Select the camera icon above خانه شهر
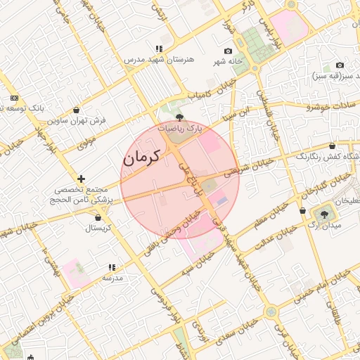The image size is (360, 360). pos(228,51)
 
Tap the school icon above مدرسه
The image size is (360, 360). pos(111,267)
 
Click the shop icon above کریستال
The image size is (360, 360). pos(97,218)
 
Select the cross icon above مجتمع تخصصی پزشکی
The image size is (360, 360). pos(82,179)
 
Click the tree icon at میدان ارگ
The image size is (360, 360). pos(324,214)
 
